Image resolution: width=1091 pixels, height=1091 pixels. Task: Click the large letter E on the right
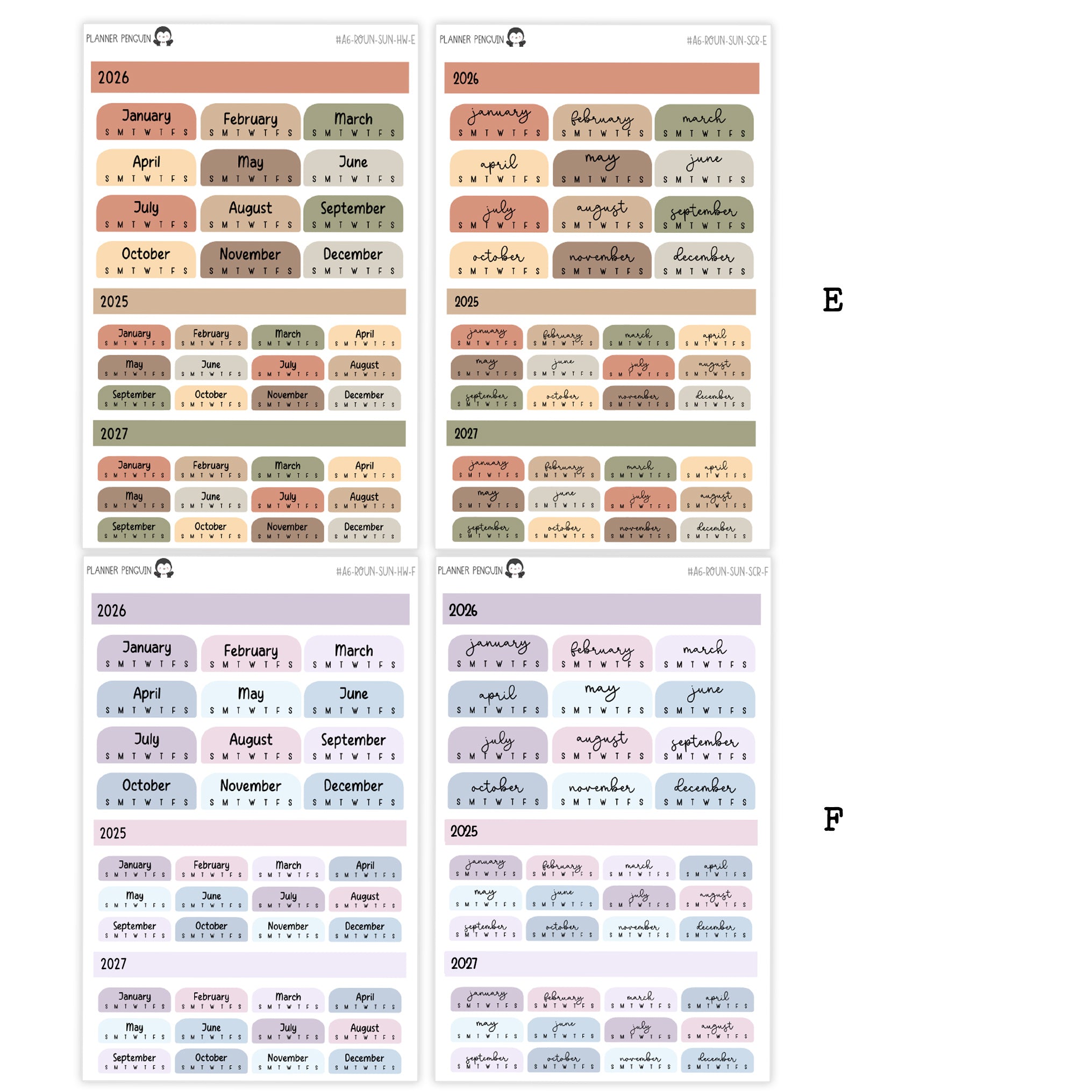(x=832, y=300)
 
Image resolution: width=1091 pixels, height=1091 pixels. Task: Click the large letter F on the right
(x=833, y=819)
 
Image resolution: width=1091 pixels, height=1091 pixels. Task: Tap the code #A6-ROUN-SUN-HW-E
(x=375, y=40)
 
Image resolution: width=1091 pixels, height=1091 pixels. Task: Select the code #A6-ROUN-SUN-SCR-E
(x=726, y=41)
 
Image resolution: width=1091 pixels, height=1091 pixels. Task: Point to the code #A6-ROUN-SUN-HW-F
(x=375, y=572)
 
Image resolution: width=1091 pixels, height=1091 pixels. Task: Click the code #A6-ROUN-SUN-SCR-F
(x=728, y=572)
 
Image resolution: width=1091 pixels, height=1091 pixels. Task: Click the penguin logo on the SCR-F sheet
(x=515, y=569)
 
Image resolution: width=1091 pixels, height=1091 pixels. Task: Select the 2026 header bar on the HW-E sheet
(x=249, y=77)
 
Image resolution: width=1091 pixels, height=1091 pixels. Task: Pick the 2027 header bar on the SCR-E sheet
(x=601, y=434)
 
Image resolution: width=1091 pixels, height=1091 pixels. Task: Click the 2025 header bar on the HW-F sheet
(x=249, y=833)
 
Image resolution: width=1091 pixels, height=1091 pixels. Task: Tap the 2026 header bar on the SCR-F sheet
(x=601, y=610)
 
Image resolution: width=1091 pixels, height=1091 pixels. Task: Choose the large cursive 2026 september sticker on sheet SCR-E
(x=704, y=215)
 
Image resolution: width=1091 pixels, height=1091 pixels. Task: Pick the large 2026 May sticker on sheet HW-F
(x=251, y=700)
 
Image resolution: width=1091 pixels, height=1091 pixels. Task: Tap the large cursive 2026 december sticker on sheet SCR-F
(x=705, y=791)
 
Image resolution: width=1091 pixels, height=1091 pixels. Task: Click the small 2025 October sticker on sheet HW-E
(x=211, y=398)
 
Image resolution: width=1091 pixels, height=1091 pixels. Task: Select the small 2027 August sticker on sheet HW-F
(x=365, y=1031)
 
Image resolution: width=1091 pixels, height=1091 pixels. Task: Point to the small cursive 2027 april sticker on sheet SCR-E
(x=716, y=469)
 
